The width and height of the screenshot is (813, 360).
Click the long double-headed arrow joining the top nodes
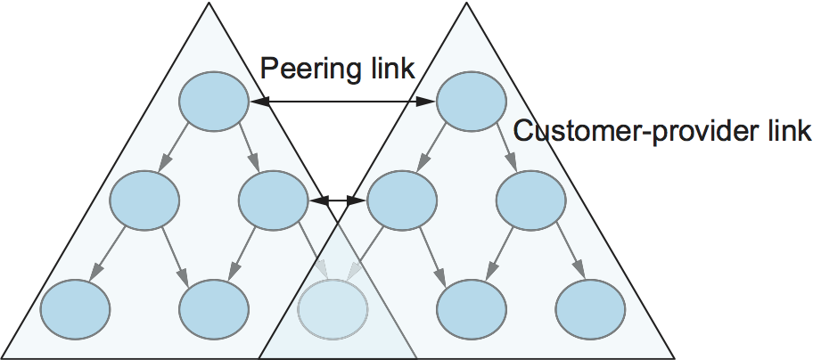(344, 104)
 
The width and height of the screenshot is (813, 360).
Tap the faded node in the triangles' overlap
(333, 307)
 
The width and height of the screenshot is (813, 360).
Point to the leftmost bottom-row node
(75, 307)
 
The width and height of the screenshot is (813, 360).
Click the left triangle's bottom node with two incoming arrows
(214, 307)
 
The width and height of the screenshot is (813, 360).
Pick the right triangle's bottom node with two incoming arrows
(471, 307)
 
